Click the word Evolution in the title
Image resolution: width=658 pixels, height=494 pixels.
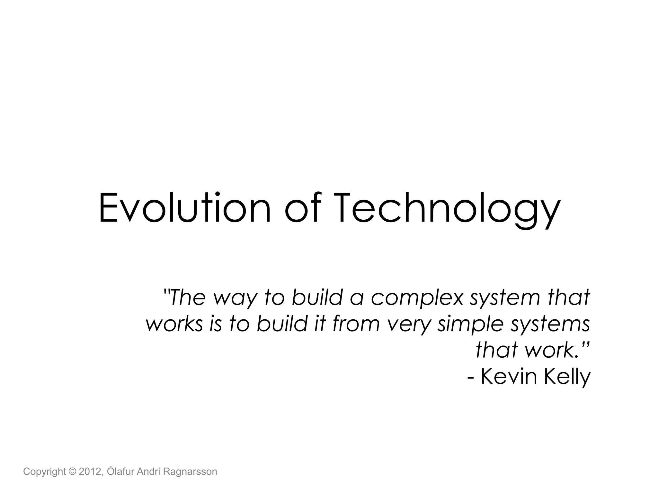[185, 207]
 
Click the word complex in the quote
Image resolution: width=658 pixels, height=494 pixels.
[417, 297]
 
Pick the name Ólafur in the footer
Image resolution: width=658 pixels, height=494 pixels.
[121, 471]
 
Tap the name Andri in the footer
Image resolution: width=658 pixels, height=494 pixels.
[149, 471]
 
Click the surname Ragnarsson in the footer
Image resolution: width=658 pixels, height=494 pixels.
[190, 472]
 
